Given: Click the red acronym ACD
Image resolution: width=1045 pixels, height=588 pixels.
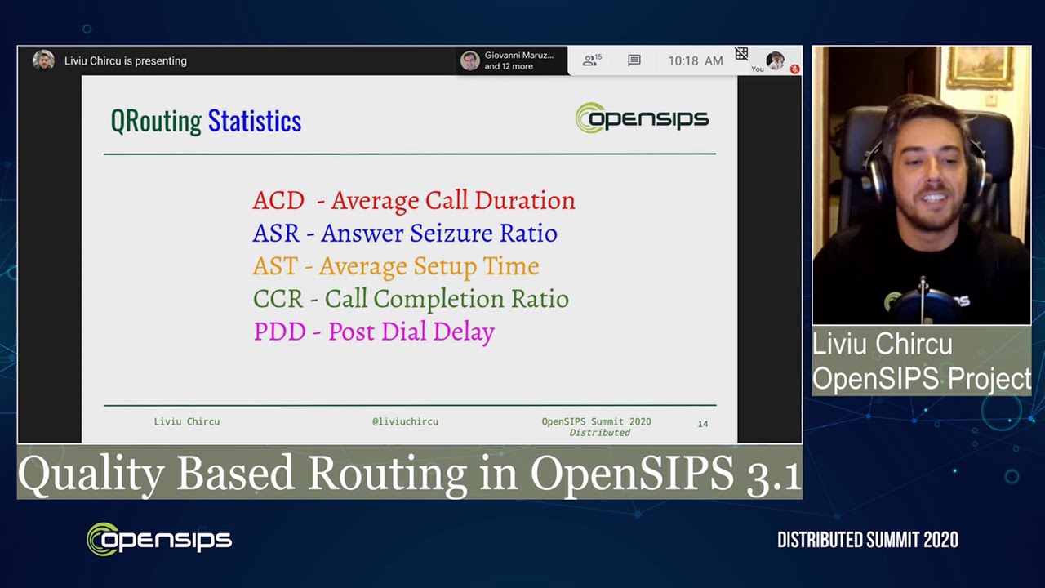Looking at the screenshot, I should pos(278,201).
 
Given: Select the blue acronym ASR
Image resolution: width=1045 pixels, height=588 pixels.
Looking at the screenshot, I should pos(276,234).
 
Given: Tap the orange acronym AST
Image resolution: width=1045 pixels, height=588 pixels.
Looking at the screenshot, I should pos(274,266).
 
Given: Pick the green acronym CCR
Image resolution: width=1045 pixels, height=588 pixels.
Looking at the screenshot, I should pos(278,299).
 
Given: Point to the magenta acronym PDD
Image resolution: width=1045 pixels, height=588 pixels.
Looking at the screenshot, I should pos(279,332).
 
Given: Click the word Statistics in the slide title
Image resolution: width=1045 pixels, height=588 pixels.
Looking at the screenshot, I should pos(254,121).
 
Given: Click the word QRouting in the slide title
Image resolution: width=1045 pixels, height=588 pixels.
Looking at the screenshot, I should pos(156,121).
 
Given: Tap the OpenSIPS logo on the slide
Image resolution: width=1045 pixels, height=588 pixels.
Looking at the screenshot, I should pos(642,118).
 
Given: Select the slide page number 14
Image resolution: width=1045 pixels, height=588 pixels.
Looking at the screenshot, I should pos(702,424).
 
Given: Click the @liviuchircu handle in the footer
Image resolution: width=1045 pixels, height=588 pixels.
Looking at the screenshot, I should pos(405,421).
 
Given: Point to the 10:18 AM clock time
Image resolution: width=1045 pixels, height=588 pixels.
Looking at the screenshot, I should pos(695,60).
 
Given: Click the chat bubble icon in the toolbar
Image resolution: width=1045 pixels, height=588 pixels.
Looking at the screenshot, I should pos(634,60).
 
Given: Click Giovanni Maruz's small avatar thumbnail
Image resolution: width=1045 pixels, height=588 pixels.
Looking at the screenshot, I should pos(469,61).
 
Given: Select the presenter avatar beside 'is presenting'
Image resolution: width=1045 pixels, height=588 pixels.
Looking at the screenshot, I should pos(43,60).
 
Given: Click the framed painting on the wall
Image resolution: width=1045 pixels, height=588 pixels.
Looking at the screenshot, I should pos(980,68).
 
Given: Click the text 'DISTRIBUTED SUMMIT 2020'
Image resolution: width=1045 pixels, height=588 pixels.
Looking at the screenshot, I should pos(867,540).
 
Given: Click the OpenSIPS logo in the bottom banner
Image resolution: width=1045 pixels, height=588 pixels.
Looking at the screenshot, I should pos(159,540).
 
